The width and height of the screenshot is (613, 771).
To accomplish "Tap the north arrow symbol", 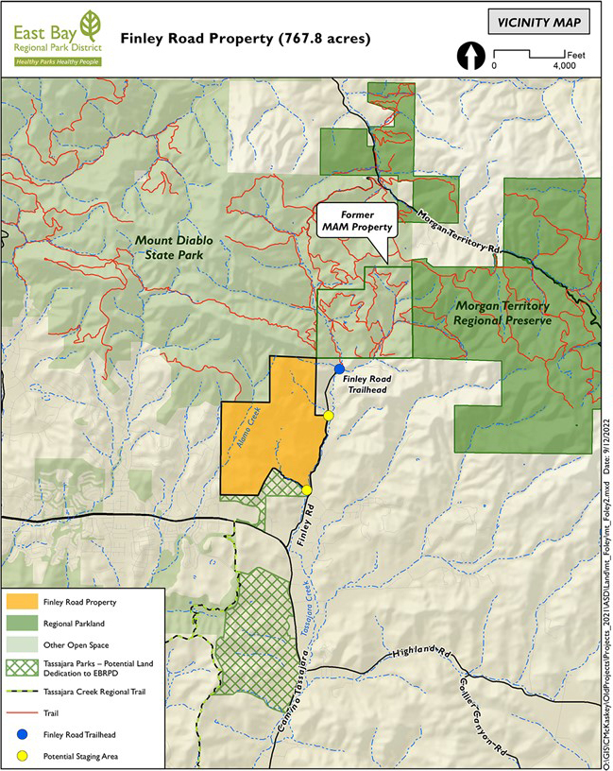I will click(468, 57).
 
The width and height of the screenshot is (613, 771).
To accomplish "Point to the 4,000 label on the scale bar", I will click(564, 67).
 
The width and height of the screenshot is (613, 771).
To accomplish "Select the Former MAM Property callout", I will click(358, 222).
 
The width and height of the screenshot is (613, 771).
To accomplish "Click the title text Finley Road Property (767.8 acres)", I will click(246, 40).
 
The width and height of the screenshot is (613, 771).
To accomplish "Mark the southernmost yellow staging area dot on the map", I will click(307, 489).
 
